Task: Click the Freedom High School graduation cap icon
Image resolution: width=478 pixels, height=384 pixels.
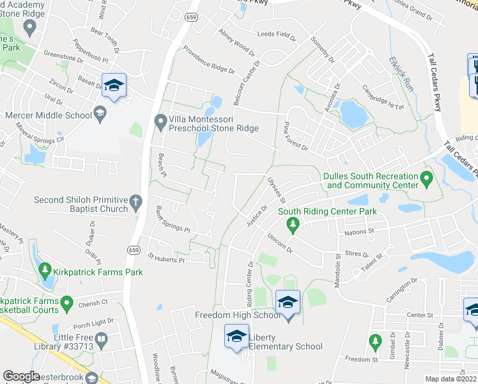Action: pos(288,301)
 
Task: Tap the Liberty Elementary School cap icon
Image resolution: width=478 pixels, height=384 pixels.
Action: pos(236,335)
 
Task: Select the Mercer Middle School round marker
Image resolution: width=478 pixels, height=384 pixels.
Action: pos(100,115)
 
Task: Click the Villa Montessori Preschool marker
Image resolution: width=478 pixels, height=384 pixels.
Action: pos(160,120)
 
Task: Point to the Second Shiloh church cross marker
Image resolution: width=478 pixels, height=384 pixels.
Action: pos(135,204)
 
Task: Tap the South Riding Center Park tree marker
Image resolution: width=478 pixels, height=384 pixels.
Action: pos(293,223)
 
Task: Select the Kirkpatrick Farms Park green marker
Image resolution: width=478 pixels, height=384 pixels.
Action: pos(44,271)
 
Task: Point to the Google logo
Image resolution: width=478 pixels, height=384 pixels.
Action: pos(22,376)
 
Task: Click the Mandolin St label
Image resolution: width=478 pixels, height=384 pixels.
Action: pos(339,272)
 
